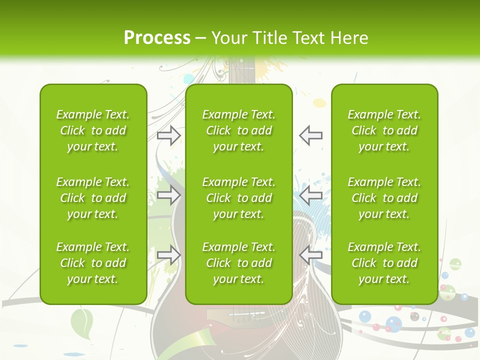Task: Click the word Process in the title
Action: pyautogui.click(x=157, y=38)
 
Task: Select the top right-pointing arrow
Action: pyautogui.click(x=168, y=135)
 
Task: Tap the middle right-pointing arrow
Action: pyautogui.click(x=168, y=195)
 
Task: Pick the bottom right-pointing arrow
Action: pyautogui.click(x=168, y=255)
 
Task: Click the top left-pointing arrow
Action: pyautogui.click(x=310, y=135)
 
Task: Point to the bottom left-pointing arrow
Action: pyautogui.click(x=310, y=255)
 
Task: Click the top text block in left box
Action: pyautogui.click(x=93, y=130)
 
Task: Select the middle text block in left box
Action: pyautogui.click(x=93, y=198)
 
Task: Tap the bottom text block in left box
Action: pyautogui.click(x=93, y=263)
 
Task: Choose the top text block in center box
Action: pyautogui.click(x=238, y=130)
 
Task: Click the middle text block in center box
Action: pyautogui.click(x=238, y=198)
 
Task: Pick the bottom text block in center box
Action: pyautogui.click(x=238, y=263)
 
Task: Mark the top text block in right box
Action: pyautogui.click(x=384, y=130)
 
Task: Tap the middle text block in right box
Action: pyautogui.click(x=384, y=198)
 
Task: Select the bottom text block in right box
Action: pyautogui.click(x=384, y=263)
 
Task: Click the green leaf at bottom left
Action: pyautogui.click(x=82, y=321)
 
